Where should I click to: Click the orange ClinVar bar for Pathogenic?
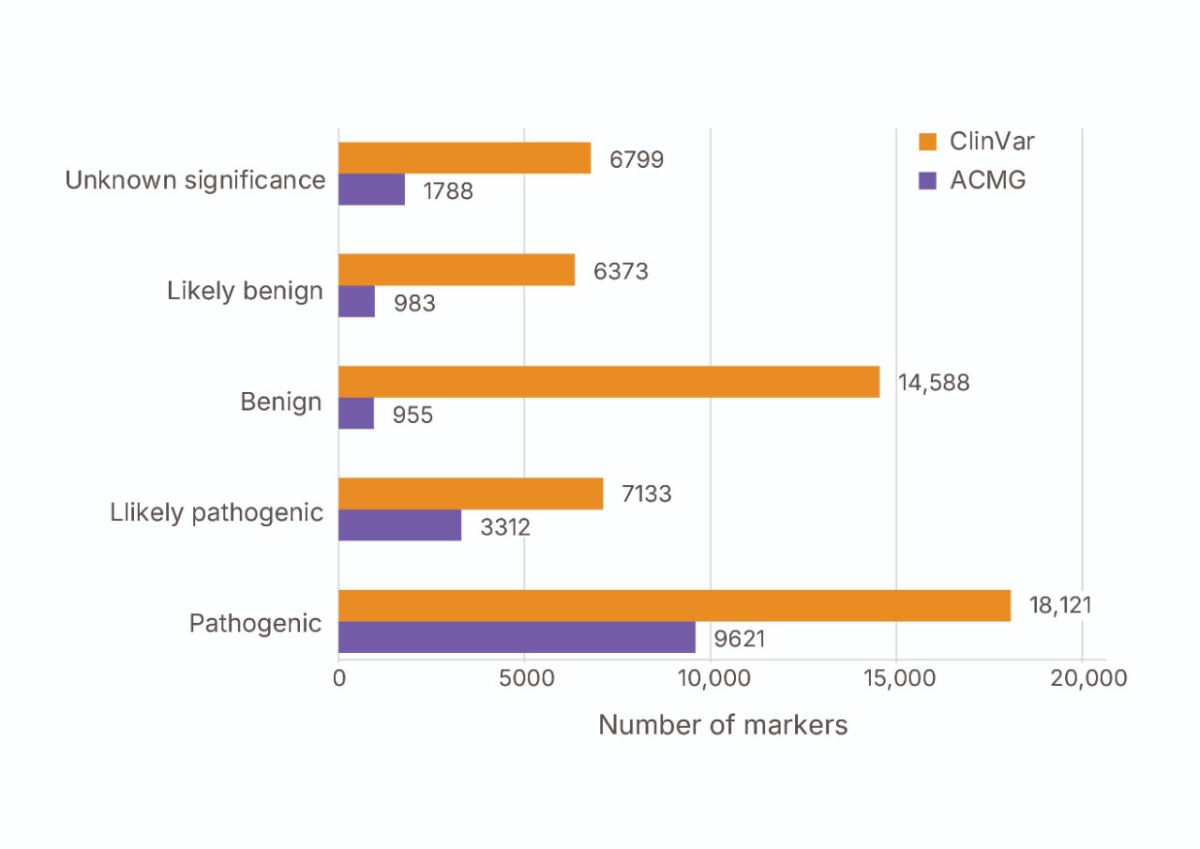tap(674, 605)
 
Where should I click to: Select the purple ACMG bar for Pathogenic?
tap(517, 638)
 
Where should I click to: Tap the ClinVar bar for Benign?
tap(608, 382)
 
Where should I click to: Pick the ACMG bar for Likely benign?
tap(356, 301)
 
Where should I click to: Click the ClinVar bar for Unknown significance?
tap(464, 158)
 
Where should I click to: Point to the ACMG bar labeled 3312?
tap(399, 525)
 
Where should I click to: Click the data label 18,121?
tap(1060, 605)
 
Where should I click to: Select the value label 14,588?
tap(933, 383)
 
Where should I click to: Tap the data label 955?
tap(412, 415)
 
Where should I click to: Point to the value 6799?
tap(637, 159)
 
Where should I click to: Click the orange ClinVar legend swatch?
tap(928, 143)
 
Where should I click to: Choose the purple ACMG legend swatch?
tap(928, 180)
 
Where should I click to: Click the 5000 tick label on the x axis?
tap(524, 678)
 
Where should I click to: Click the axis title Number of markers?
tap(723, 725)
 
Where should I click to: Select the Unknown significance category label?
tap(195, 180)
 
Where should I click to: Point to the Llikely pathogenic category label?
tap(217, 512)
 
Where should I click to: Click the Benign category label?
tap(280, 402)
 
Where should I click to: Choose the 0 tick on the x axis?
tap(339, 678)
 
